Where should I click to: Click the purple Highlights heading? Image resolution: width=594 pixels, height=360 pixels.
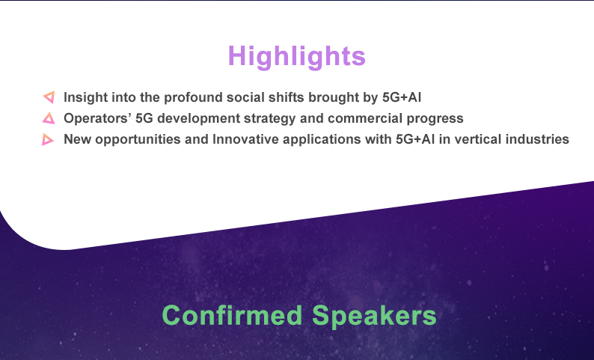[296, 57]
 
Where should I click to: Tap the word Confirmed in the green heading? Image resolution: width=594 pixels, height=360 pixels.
[232, 315]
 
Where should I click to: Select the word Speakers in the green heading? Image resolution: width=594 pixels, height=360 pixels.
[374, 315]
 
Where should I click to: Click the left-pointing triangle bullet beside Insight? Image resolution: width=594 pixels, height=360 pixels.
[49, 97]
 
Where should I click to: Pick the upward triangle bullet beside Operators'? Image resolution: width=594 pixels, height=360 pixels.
[49, 118]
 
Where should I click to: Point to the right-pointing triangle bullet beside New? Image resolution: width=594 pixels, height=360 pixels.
[47, 139]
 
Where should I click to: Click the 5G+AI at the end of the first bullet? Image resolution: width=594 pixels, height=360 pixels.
[402, 97]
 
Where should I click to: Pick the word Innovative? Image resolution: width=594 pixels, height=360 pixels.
[245, 139]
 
